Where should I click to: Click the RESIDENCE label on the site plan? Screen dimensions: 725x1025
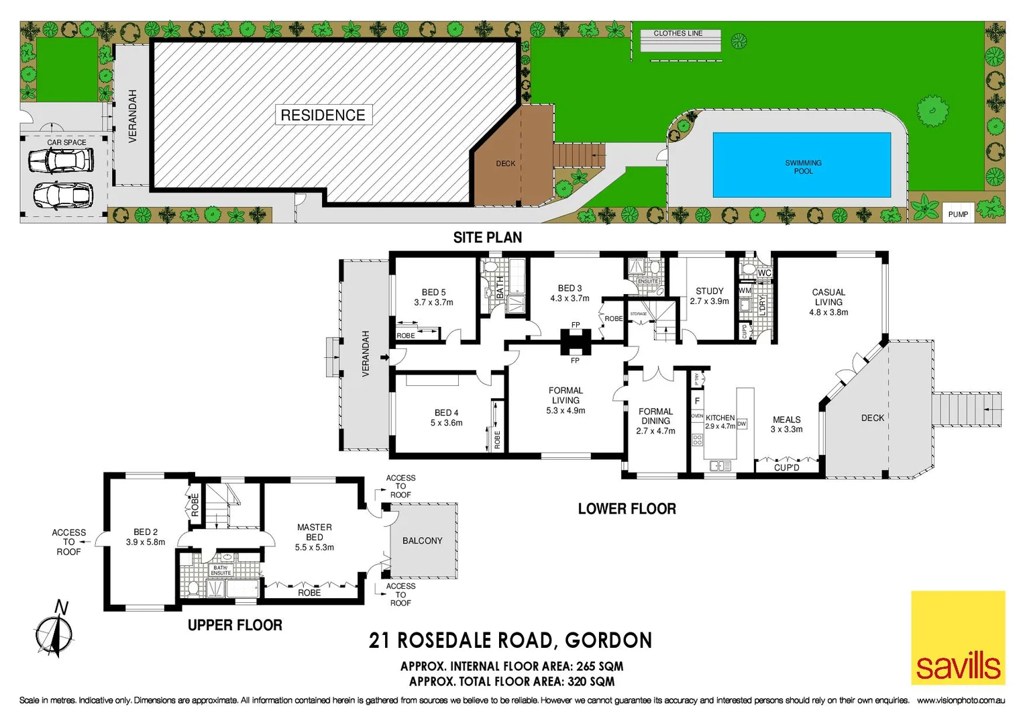point(323,115)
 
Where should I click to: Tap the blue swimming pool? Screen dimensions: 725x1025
point(802,165)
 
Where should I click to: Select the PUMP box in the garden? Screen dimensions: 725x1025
point(958,213)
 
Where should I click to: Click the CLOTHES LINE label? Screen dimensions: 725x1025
point(678,33)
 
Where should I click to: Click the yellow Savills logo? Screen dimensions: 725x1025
point(958,637)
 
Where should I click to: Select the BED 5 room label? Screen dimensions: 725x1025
point(433,292)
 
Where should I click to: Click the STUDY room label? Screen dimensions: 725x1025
point(709,291)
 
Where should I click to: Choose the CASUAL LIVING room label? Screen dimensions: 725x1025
point(828,297)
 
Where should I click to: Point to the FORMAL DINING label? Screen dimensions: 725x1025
point(655,416)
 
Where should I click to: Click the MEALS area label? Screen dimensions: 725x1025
point(786,420)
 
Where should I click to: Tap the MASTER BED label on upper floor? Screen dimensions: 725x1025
point(314,532)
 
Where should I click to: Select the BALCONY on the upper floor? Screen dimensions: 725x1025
point(423,540)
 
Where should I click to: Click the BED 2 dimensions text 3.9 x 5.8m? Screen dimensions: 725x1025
point(146,542)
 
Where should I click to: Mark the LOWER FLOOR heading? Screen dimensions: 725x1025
point(627,509)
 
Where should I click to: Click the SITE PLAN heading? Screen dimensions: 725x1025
point(487,238)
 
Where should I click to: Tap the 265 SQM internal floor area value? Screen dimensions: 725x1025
point(599,667)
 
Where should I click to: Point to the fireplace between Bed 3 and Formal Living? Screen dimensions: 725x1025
point(575,342)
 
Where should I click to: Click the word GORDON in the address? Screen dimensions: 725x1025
point(608,640)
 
